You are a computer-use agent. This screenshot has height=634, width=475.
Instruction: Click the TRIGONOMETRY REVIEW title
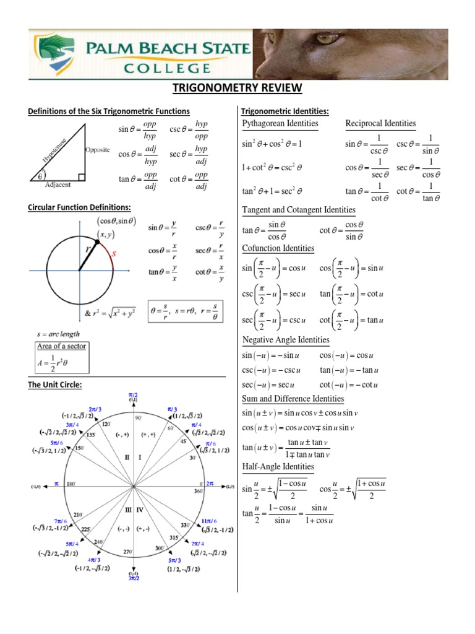coord(237,89)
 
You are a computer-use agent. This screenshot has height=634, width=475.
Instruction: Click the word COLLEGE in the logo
coord(163,66)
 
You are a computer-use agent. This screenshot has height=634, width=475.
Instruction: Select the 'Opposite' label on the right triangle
coord(97,150)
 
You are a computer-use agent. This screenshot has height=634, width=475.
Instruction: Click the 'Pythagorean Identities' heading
coord(280,124)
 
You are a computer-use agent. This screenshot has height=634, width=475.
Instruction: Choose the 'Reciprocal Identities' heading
coord(380,124)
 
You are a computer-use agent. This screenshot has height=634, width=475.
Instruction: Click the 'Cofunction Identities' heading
coord(278,248)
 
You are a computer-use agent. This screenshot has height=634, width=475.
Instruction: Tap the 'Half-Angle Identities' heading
coord(278,466)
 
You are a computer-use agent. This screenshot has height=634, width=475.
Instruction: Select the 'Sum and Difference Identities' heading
coord(293,399)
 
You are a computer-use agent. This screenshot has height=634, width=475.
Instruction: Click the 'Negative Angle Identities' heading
coord(286,340)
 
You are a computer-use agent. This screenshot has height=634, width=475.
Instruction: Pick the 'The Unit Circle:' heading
coord(55,385)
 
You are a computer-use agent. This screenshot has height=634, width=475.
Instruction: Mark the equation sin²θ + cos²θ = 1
coord(272,144)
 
